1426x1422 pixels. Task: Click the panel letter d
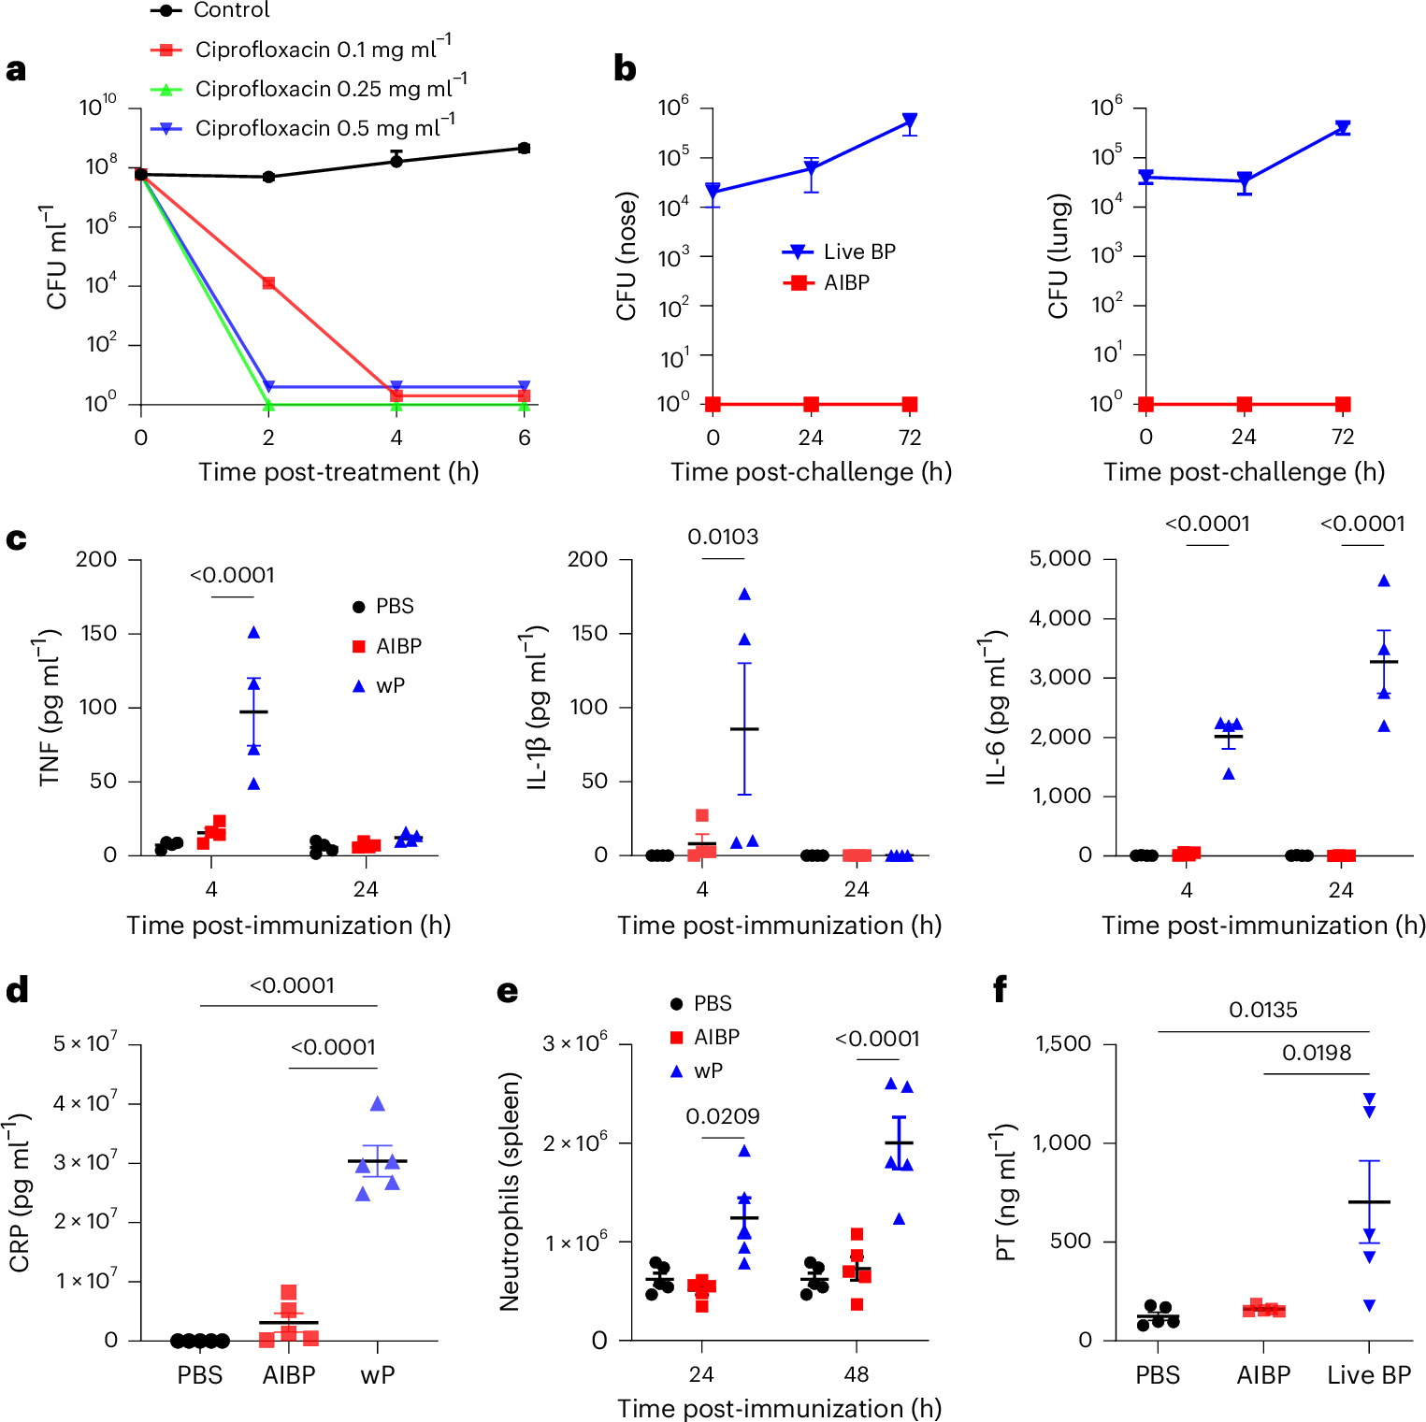pos(17,991)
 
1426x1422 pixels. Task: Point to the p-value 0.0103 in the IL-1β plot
pos(723,537)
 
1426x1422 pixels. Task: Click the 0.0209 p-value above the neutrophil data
pos(723,1116)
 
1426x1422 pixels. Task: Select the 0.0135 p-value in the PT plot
pos(1263,1010)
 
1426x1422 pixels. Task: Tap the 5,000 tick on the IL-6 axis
pos(1059,559)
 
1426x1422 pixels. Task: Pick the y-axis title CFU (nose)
pos(626,255)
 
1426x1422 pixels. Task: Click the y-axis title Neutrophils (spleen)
pos(510,1191)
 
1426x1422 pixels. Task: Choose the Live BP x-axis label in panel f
pos(1369,1375)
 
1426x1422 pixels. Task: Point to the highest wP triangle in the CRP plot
pos(378,1104)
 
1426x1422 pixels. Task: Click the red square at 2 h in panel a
pos(268,282)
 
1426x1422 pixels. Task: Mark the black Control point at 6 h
pos(525,148)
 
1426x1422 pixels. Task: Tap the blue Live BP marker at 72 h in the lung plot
pos(1343,127)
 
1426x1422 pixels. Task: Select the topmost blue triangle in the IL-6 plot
pos(1384,581)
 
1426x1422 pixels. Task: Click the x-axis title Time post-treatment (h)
pos(338,471)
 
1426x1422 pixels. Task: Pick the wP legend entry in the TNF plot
pos(390,685)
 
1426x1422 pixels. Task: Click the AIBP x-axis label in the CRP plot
pos(288,1375)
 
